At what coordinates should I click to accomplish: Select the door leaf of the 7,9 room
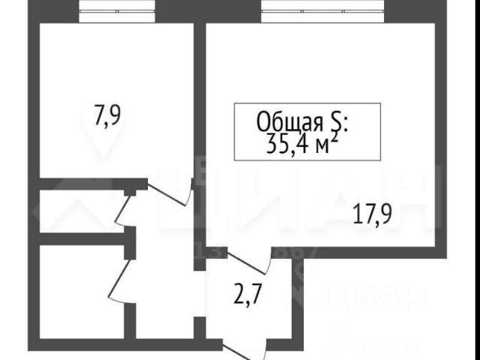[169, 193]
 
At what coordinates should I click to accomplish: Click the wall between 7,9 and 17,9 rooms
[199, 97]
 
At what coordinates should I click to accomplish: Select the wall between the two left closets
[82, 239]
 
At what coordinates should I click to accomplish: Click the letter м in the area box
[320, 145]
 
